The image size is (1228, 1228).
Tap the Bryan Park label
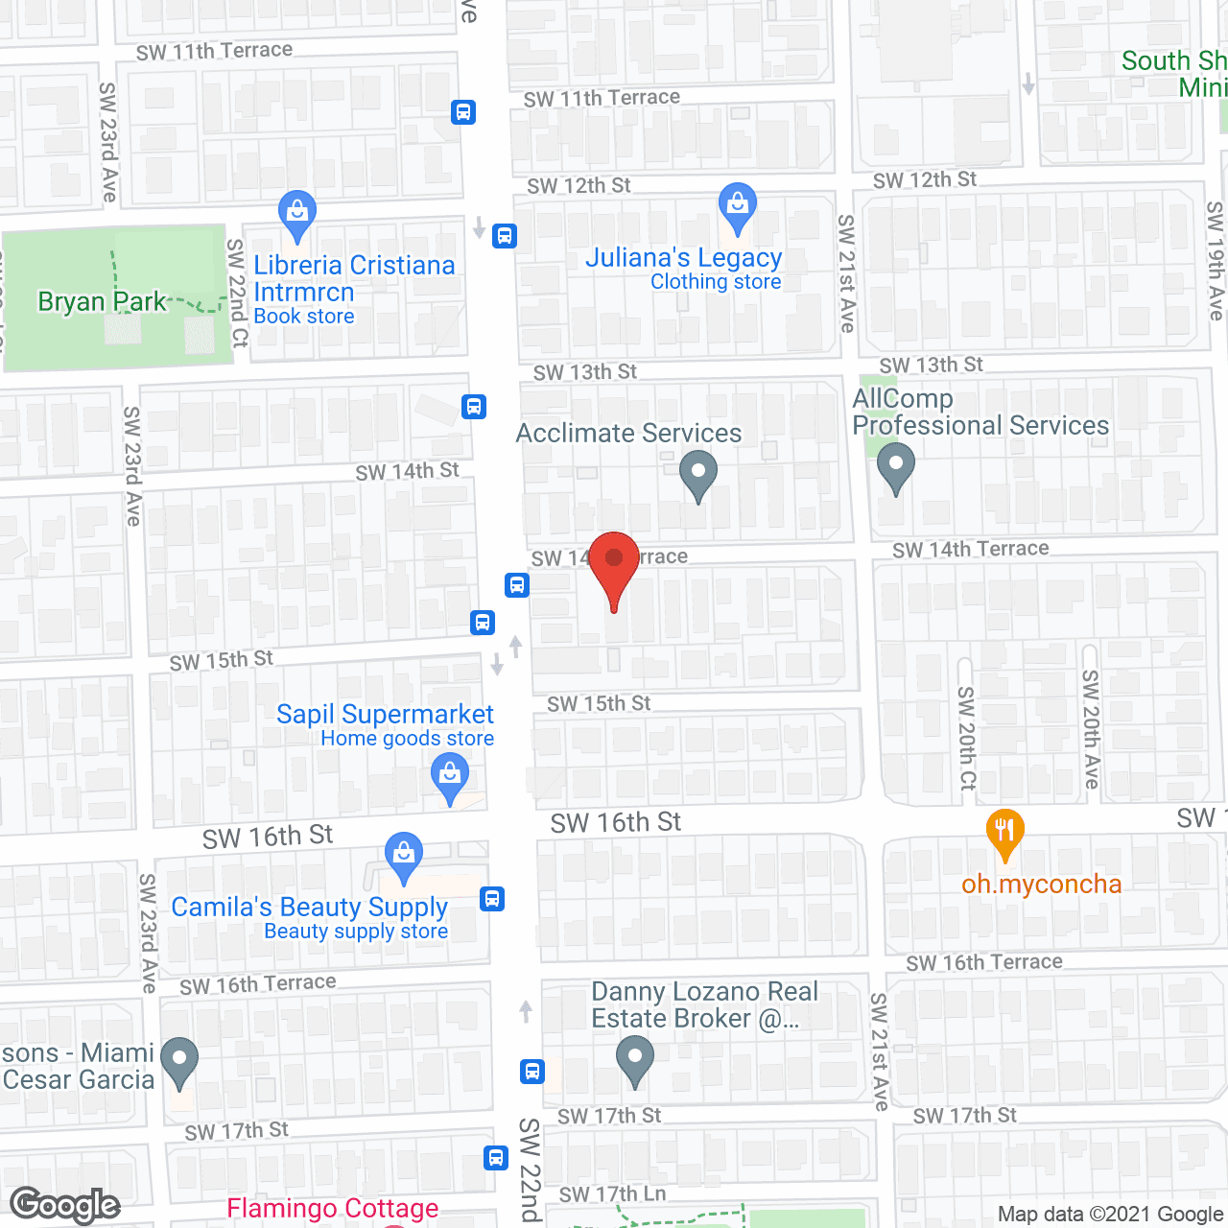102,302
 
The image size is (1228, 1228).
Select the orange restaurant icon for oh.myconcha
1004,833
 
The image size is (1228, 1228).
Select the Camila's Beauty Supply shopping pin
404,856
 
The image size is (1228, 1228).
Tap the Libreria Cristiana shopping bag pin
296,214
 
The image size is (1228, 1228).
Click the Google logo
65,1205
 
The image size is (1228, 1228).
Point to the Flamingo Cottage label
333,1208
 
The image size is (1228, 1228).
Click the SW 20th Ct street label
967,738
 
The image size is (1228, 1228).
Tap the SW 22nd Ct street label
237,293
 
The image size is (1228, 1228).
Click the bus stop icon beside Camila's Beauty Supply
492,899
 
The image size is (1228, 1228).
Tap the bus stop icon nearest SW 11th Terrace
463,112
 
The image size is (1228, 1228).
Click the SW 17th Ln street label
612,1194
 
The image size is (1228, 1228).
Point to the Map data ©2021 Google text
1110,1214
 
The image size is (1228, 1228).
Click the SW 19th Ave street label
1216,260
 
